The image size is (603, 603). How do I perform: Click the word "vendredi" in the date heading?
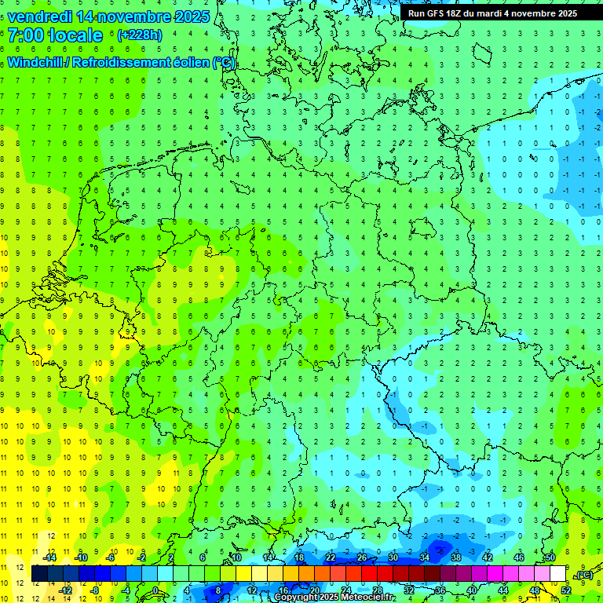point(40,16)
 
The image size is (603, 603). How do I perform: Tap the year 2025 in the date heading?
point(188,16)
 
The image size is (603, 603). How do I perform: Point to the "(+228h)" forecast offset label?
point(140,35)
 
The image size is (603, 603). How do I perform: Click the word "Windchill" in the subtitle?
point(40,62)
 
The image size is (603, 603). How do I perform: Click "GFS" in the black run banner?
point(439,13)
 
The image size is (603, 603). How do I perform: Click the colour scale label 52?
point(565,590)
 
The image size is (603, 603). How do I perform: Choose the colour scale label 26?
point(361,557)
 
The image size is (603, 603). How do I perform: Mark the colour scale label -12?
point(68,590)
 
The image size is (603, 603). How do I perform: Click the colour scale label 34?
point(424,557)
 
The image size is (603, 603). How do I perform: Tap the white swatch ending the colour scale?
point(558,574)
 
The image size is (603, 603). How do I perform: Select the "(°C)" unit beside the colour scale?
point(583,575)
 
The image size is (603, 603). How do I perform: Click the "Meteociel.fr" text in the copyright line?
point(368,598)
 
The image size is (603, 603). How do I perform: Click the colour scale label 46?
point(518,557)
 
